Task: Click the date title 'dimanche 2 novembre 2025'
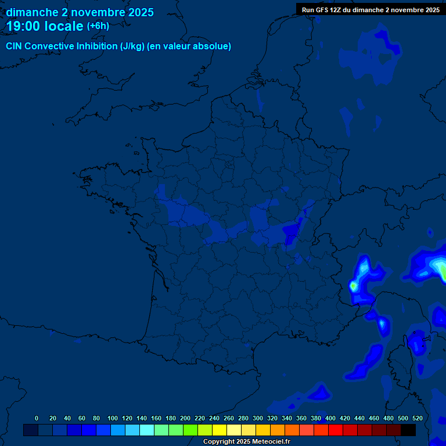click(80, 12)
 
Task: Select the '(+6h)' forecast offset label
click(98, 26)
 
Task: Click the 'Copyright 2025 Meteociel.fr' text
click(246, 442)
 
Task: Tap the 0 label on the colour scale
click(37, 418)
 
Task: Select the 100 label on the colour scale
click(113, 418)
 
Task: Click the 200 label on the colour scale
click(185, 418)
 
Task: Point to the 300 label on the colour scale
click(258, 418)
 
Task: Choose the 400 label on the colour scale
click(330, 418)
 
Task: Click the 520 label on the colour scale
click(417, 418)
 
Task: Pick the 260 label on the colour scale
click(229, 418)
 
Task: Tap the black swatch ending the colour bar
click(408, 430)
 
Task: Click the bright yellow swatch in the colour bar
click(220, 430)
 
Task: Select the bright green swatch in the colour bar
click(190, 430)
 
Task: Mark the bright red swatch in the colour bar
click(336, 430)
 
